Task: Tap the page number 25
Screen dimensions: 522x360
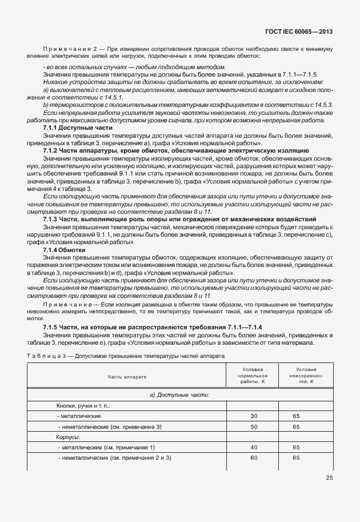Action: [329, 478]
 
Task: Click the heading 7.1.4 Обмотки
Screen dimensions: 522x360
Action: [64, 250]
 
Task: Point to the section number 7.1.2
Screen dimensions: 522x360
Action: [52, 149]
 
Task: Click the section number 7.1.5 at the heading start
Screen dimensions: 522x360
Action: [52, 326]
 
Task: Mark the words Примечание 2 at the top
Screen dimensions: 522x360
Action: [67, 49]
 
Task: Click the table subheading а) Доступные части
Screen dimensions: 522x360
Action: [178, 395]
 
